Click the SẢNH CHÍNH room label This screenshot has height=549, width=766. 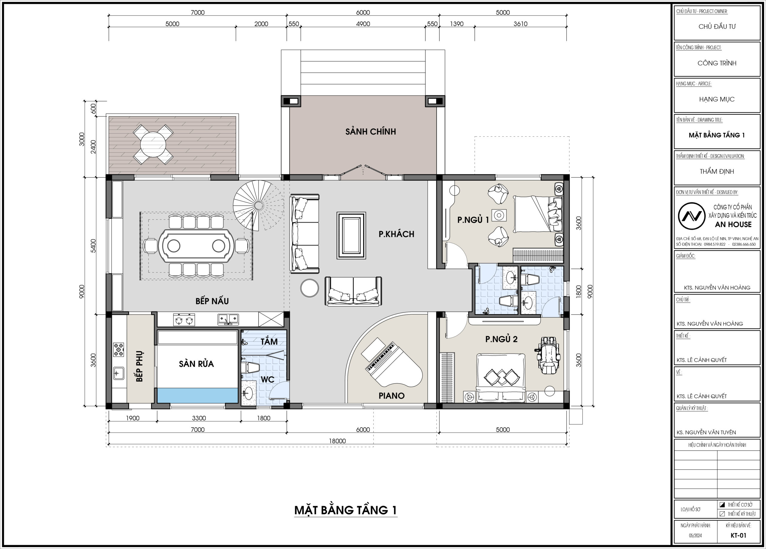370,131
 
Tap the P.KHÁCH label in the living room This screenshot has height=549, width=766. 396,234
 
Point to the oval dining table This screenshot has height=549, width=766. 196,246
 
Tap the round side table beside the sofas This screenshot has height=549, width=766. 309,288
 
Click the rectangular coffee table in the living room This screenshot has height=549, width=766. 351,236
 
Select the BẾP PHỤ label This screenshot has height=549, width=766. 139,367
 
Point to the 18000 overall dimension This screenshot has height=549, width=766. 338,441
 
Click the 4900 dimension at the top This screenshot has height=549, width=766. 363,24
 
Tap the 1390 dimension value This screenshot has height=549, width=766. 457,24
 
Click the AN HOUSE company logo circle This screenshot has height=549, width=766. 692,216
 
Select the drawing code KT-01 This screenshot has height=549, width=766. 738,536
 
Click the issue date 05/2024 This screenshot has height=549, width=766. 695,536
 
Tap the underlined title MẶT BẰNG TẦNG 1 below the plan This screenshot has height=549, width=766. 346,510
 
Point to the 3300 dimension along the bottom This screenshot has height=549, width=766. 199,418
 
